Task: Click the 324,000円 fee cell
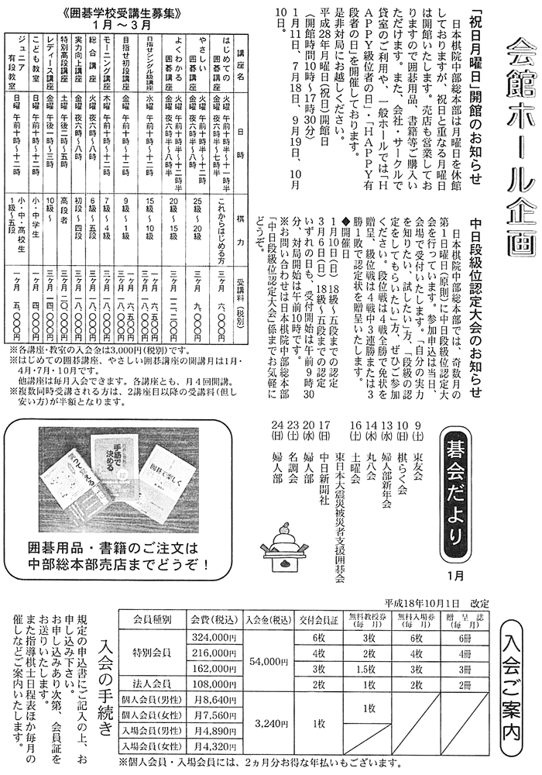point(214,636)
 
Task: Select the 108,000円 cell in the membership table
point(214,685)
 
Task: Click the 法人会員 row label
point(152,685)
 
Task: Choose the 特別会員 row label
point(152,653)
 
